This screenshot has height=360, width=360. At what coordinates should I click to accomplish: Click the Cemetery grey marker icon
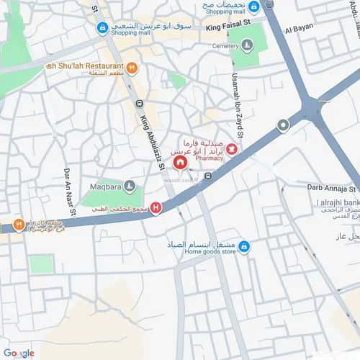pyautogui.click(x=248, y=45)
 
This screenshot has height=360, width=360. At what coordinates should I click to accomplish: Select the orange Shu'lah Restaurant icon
pyautogui.click(x=132, y=68)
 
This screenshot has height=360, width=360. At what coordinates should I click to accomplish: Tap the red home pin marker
pyautogui.click(x=179, y=163)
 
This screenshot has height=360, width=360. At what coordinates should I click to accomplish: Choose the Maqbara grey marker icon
pyautogui.click(x=130, y=186)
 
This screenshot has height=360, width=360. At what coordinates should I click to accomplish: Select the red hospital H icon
pyautogui.click(x=156, y=209)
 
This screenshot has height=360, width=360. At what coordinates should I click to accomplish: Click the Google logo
pyautogui.click(x=18, y=353)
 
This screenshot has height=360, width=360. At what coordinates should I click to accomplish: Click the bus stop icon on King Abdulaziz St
pyautogui.click(x=140, y=104)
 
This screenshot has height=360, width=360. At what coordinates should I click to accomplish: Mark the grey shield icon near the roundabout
pyautogui.click(x=284, y=125)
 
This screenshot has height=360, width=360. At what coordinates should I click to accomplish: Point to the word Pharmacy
pyautogui.click(x=210, y=158)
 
